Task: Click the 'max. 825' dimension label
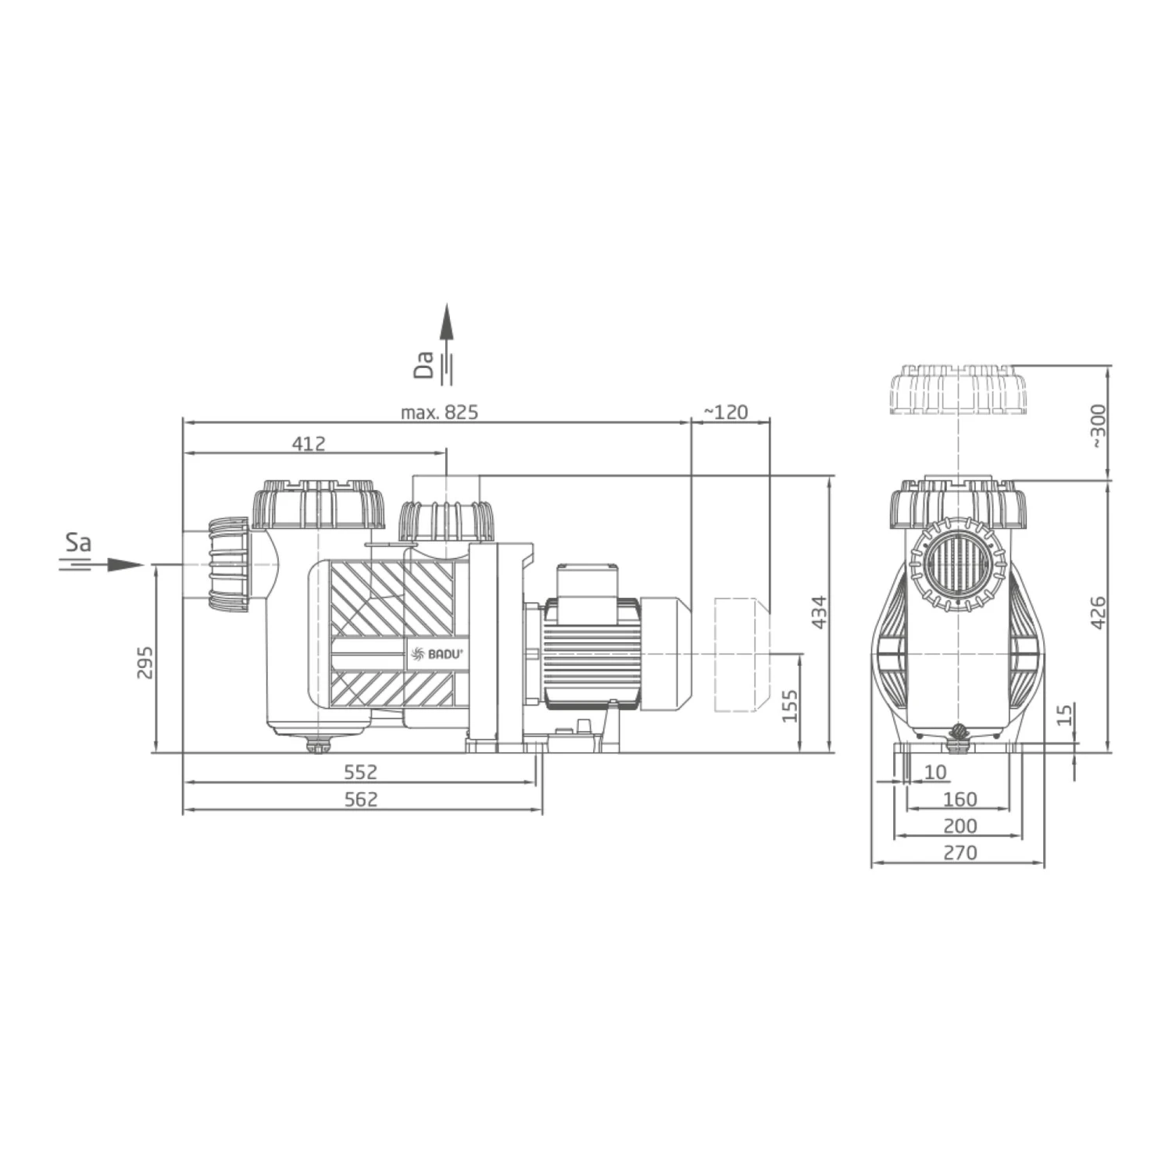[x=439, y=412]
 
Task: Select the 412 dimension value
[x=309, y=444]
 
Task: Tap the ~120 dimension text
[x=726, y=412]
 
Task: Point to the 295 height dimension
[x=145, y=662]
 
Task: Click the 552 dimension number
[x=361, y=772]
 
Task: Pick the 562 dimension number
[x=361, y=799]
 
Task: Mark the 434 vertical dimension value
[x=817, y=613]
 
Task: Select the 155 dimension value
[x=791, y=706]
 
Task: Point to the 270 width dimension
[x=959, y=852]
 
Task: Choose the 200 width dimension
[x=959, y=826]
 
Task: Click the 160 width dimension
[x=959, y=799]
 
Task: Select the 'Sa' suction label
[x=78, y=542]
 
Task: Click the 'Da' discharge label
[x=424, y=364]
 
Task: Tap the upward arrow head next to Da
[x=445, y=321]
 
